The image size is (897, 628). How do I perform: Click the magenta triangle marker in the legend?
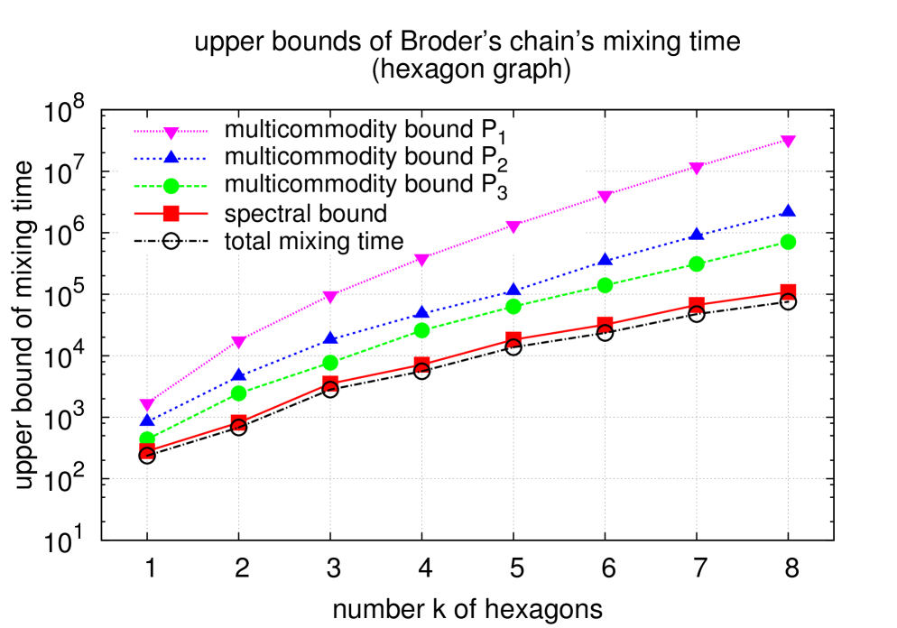(171, 133)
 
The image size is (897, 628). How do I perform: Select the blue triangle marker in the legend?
(171, 158)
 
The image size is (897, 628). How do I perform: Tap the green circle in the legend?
(171, 186)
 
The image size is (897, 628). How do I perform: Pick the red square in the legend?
(171, 214)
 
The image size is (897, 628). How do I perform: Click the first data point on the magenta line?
(147, 405)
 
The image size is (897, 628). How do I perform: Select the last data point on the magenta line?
(788, 142)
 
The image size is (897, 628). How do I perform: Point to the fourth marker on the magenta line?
(421, 260)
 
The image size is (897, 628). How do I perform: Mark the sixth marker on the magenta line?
(605, 197)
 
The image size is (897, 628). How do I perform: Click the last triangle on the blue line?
(788, 210)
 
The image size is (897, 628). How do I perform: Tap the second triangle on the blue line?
(239, 374)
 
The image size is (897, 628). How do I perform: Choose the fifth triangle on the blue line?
(513, 290)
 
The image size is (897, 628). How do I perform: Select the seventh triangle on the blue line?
(697, 234)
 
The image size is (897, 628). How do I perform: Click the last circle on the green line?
(788, 242)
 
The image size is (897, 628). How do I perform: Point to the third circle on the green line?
(330, 363)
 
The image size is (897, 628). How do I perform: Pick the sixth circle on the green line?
(605, 285)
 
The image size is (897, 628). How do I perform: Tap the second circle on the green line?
(239, 393)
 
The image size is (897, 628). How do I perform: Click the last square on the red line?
(788, 291)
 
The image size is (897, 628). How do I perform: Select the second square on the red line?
(239, 422)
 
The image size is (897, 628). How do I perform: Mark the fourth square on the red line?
(421, 365)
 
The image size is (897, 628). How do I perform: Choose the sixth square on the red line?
(605, 323)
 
